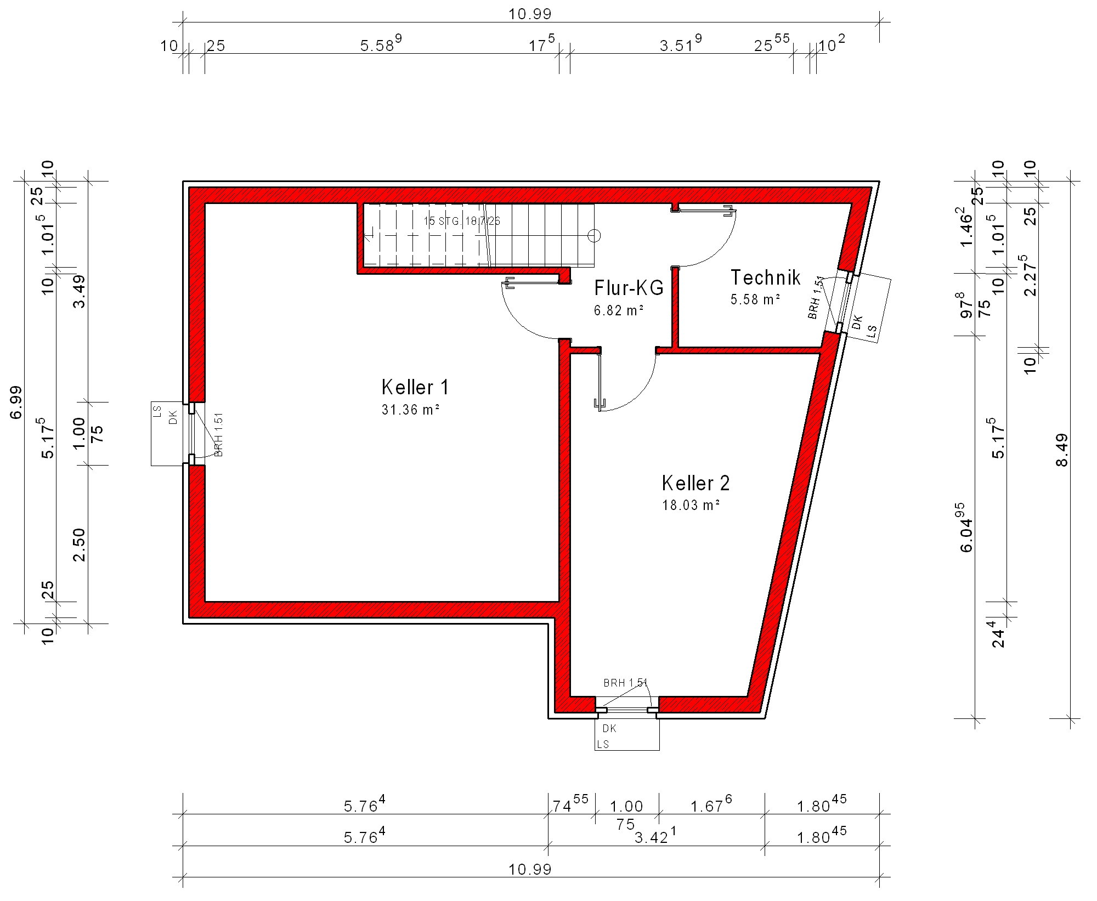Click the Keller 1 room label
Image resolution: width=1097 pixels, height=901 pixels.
(415, 387)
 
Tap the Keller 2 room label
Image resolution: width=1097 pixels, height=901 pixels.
(695, 483)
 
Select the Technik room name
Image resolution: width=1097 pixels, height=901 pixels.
(765, 277)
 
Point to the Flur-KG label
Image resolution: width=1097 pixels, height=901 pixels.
(629, 288)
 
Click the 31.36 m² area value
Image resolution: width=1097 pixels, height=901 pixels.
(411, 410)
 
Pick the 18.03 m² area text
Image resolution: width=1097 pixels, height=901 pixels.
(691, 505)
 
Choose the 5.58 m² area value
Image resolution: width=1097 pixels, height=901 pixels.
(755, 299)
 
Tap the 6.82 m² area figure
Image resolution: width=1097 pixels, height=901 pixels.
(619, 310)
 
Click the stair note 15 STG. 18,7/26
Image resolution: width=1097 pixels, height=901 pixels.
(462, 221)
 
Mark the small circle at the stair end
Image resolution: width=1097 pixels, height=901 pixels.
(594, 236)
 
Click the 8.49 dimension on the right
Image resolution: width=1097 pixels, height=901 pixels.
(1062, 450)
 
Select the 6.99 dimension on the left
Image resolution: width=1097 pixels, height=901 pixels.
(16, 402)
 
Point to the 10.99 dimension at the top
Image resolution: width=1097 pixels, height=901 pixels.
(530, 14)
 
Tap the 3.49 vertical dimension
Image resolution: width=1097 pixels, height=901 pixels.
(79, 291)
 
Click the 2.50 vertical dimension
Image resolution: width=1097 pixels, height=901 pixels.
(79, 545)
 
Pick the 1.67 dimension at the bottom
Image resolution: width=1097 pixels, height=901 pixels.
(711, 804)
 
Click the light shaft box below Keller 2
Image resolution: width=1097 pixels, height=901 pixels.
(627, 734)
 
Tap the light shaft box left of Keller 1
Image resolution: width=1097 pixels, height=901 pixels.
(167, 434)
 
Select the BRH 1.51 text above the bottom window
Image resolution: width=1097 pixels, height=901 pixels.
(625, 683)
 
